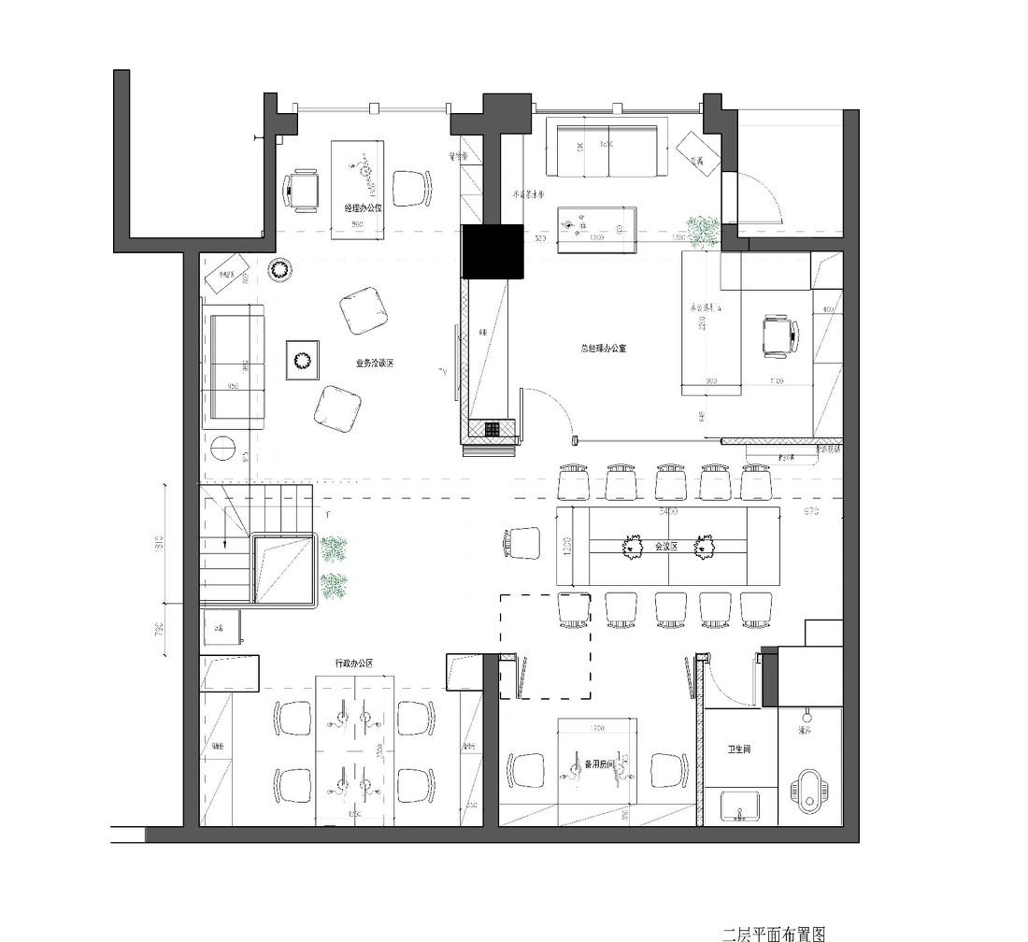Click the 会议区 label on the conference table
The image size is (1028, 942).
[x=665, y=547]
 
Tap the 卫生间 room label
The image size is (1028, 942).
[x=740, y=749]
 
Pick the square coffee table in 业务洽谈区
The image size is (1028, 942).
[x=303, y=360]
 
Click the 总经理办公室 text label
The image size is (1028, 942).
[x=603, y=348]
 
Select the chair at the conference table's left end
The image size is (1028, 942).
[x=523, y=543]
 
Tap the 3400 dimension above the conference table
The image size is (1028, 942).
[x=667, y=512]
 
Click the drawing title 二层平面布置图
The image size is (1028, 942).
[x=774, y=933]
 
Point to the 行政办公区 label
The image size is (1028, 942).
[x=354, y=664]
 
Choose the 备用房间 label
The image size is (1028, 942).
[x=598, y=764]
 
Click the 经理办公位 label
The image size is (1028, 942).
[x=363, y=207]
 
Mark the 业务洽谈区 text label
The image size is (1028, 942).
[x=374, y=364]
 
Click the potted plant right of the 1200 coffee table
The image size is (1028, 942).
[x=703, y=230]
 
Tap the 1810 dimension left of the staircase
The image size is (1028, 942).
[x=160, y=543]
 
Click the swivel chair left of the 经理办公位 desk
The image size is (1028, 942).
[x=302, y=190]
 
